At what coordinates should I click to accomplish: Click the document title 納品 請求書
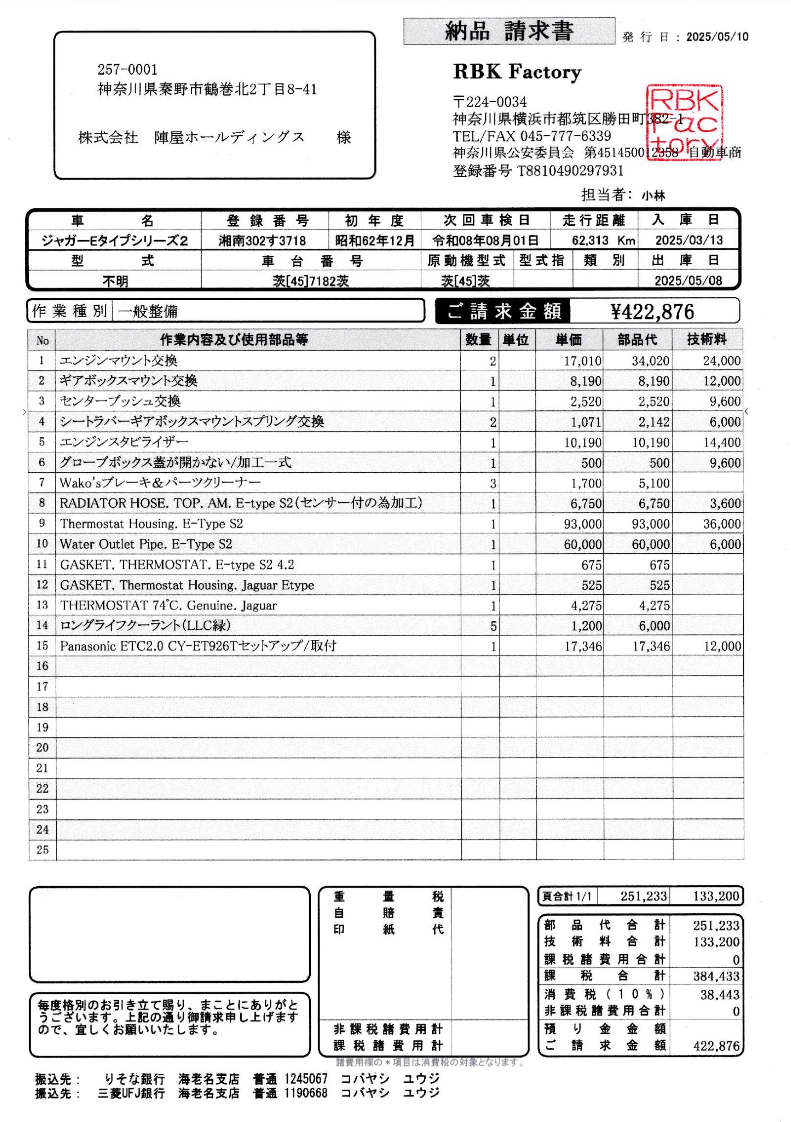click(508, 31)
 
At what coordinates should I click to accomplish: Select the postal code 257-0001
click(127, 70)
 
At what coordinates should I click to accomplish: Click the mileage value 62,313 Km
click(603, 240)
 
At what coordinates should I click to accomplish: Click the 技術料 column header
click(707, 340)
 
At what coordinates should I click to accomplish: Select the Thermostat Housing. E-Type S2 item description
click(152, 524)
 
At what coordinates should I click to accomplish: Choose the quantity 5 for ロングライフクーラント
click(493, 626)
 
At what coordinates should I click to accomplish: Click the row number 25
click(42, 849)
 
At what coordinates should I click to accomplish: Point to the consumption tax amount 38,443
click(719, 994)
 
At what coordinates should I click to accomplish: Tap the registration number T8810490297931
click(571, 171)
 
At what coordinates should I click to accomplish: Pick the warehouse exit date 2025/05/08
click(688, 281)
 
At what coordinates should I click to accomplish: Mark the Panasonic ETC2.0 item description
click(198, 646)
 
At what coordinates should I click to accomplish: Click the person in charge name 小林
click(653, 196)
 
